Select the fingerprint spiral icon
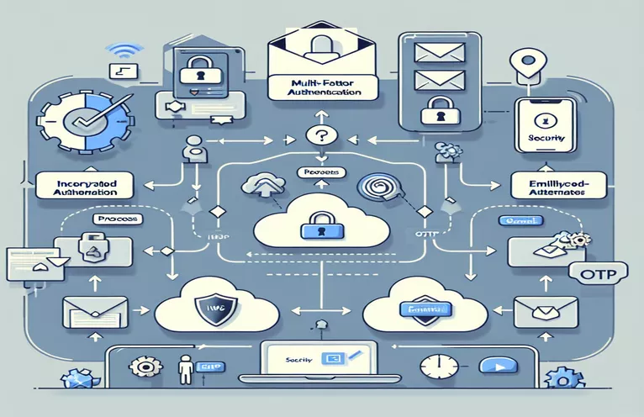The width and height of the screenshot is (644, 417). pyautogui.click(x=373, y=188)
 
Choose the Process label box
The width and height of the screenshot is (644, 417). pyautogui.click(x=112, y=219)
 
